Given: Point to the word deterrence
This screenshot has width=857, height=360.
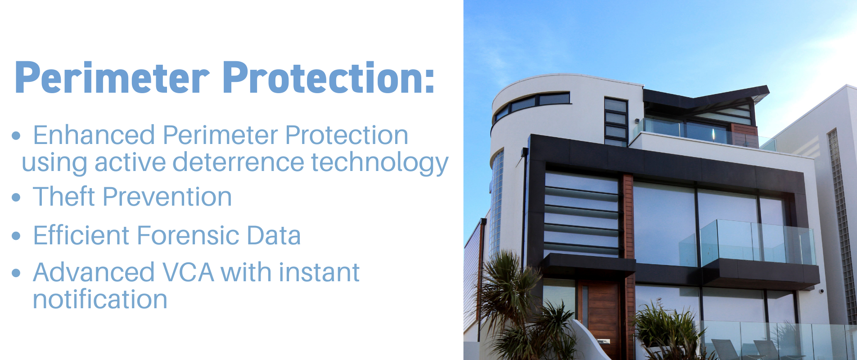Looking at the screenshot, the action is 238,162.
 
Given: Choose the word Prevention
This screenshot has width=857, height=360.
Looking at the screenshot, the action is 167,197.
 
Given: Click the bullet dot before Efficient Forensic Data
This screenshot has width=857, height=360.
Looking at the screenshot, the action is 17,236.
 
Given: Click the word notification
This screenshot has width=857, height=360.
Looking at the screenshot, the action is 100,299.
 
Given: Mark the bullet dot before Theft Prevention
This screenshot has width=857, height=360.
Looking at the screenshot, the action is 17,197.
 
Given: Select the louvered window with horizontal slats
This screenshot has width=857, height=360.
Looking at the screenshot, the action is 582,214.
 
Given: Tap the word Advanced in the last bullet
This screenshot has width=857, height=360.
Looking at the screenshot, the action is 94,273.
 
